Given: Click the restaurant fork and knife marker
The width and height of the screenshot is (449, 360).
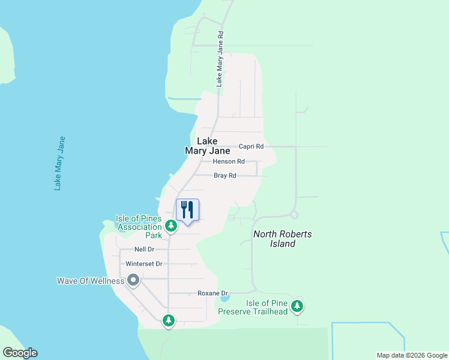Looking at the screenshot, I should [187, 210].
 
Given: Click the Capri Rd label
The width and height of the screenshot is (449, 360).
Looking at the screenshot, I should [251, 146].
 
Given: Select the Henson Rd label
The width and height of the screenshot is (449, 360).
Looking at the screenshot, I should [229, 161].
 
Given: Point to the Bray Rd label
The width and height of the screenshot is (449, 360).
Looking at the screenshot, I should [225, 176].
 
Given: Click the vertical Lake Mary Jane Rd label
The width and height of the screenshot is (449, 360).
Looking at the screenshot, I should [220, 59].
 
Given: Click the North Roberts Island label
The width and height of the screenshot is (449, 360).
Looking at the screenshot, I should [282, 239].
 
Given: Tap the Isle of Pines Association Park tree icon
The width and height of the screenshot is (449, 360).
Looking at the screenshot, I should [171, 226].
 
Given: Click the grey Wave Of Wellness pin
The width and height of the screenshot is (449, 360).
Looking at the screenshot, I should [133, 280].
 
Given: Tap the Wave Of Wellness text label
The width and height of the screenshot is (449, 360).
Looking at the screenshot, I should [90, 281].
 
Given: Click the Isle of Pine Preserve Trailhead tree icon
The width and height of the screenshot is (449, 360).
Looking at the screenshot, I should [297, 307].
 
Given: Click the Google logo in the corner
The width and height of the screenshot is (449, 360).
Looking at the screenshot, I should [20, 353].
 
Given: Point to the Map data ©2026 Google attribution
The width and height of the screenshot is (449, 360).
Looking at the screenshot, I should [412, 355].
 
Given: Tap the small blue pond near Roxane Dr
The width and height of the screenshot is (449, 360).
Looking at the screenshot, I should [224, 298].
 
